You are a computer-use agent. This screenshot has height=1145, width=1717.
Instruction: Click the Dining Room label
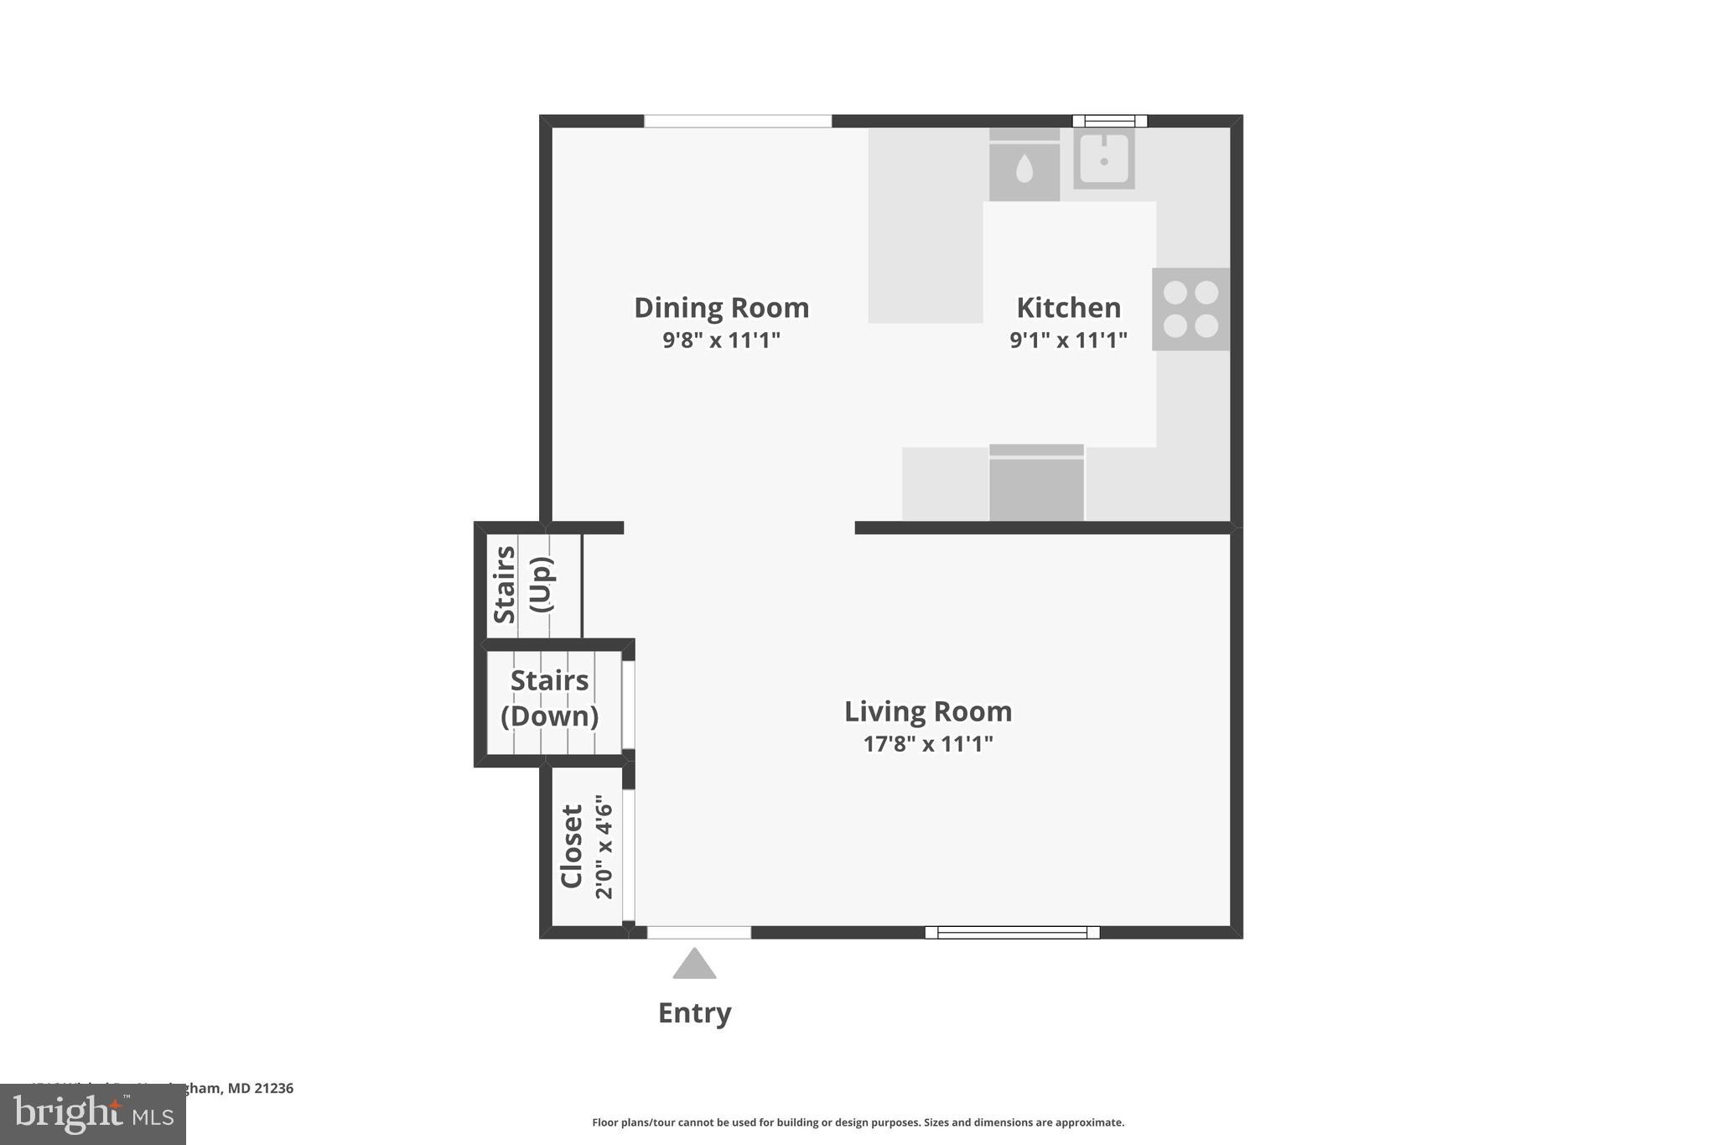(721, 308)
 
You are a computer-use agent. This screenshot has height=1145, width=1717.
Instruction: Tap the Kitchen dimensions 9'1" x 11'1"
(1068, 340)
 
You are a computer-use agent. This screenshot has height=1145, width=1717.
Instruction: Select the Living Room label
(927, 711)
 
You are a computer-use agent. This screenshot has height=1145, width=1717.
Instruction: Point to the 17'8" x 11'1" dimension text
(927, 744)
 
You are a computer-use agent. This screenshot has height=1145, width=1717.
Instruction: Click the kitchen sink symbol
(1104, 159)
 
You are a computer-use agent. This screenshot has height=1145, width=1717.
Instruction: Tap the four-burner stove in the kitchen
(1190, 309)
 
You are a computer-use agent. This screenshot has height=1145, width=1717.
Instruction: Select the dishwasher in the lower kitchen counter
(1036, 484)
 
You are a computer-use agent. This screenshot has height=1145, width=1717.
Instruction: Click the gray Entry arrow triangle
(694, 965)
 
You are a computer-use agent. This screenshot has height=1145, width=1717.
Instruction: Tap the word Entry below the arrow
(694, 1013)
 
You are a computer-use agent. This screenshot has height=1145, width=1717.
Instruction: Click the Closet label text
(572, 846)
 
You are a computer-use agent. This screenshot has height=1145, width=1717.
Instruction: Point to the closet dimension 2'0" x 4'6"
(604, 847)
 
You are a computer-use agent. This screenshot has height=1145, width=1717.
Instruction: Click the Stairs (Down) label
(549, 698)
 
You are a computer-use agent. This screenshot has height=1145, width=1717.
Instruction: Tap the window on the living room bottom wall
(1012, 932)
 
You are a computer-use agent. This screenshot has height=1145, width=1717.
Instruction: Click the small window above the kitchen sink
(1109, 121)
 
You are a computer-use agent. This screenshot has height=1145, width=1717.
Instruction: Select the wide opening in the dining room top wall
(737, 121)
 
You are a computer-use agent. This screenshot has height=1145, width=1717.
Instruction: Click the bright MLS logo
(93, 1115)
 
